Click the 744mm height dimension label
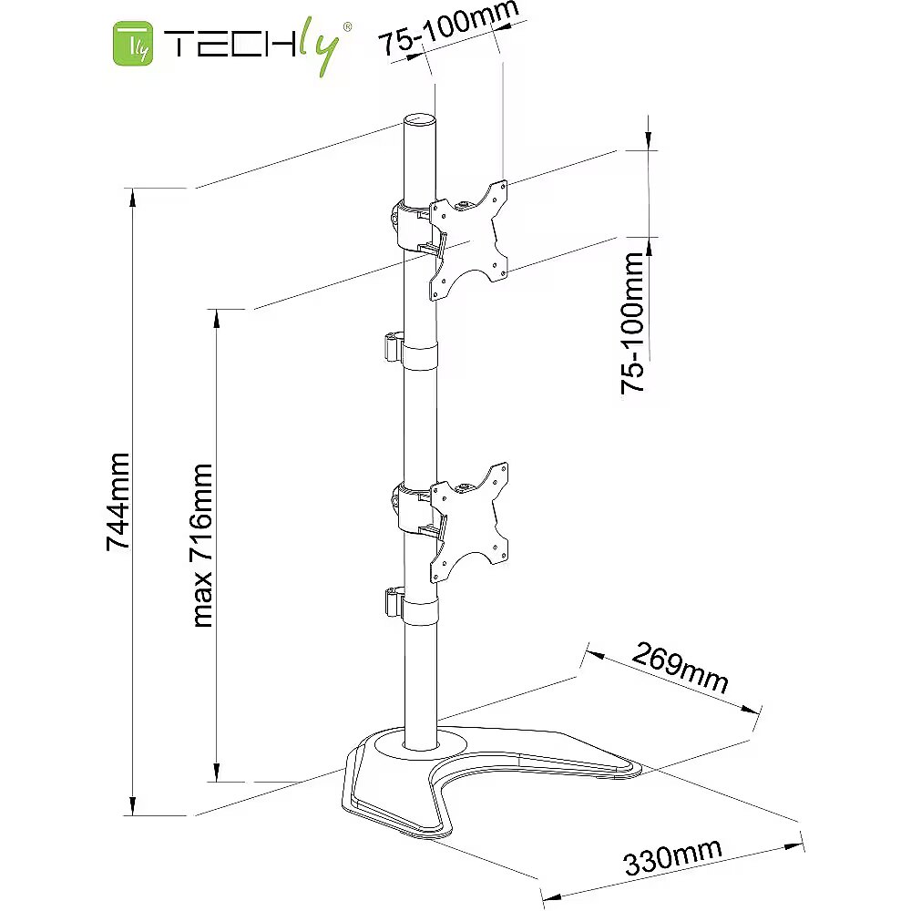click(x=118, y=501)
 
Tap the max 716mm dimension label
click(x=201, y=546)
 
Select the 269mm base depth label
click(x=680, y=668)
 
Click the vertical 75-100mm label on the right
click(x=633, y=323)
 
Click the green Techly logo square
click(x=133, y=44)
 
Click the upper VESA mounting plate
click(x=468, y=241)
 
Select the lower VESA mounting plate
click(x=469, y=522)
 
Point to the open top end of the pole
click(x=419, y=121)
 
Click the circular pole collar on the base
click(x=421, y=746)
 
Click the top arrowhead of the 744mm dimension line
click(x=133, y=198)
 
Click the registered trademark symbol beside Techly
click(x=347, y=26)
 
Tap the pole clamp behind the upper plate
click(x=414, y=226)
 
